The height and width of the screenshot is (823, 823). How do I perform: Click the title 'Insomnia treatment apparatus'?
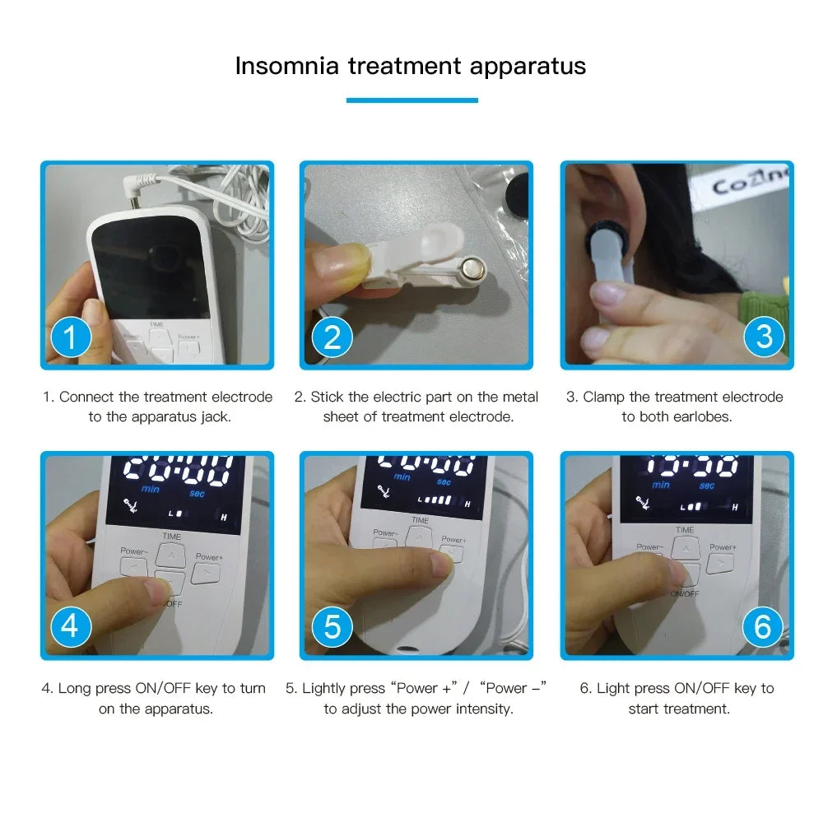(411, 66)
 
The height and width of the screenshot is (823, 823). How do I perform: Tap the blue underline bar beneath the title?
(411, 100)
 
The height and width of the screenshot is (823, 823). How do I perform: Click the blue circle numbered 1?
(71, 337)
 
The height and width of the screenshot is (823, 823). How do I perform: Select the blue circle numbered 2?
(332, 337)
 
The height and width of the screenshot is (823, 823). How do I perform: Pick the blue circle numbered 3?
(764, 337)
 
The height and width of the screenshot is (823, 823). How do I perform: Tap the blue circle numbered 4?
(70, 626)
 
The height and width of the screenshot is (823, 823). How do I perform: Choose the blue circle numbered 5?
(332, 627)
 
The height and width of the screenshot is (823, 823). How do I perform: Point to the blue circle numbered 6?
(762, 627)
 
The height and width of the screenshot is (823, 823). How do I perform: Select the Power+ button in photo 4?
(206, 574)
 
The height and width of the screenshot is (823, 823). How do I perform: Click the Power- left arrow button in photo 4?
(133, 567)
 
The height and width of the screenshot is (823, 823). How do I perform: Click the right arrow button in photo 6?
(719, 564)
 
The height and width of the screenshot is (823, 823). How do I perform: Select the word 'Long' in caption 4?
(74, 688)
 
